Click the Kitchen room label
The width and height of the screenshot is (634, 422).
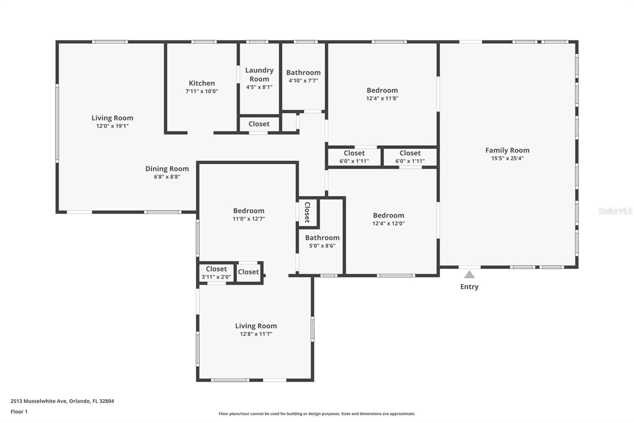202,83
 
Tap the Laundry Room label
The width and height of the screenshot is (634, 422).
259,74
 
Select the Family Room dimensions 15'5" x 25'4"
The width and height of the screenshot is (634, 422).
507,158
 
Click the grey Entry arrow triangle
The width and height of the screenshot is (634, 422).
469,274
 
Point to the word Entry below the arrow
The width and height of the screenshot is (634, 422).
469,287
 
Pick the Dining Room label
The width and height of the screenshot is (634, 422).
167,169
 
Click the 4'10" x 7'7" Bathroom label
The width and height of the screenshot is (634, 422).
303,73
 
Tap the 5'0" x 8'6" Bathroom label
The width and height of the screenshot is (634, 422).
322,238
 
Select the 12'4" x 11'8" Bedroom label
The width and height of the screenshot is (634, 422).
382,91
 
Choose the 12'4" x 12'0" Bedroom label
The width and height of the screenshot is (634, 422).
388,216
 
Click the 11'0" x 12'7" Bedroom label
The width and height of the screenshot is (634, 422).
248,211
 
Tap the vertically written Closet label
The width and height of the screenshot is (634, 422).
307,212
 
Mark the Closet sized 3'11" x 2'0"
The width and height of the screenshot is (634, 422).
216,269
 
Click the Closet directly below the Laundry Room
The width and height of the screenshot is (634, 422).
259,124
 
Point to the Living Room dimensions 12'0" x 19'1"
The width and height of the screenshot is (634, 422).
112,126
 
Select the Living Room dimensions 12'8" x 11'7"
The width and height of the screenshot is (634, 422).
256,334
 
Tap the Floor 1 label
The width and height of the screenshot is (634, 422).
19,412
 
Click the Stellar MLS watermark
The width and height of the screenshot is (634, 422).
615,211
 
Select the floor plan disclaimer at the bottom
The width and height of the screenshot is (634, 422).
317,414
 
